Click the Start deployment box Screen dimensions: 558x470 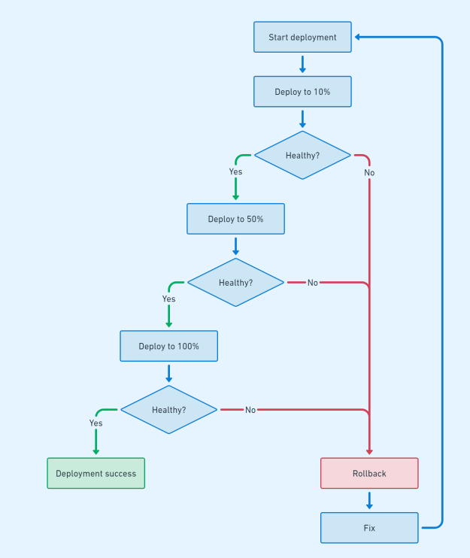pos(302,37)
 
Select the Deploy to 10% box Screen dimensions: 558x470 pos(302,92)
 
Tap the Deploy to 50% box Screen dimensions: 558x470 pos(235,219)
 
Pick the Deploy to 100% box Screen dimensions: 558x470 pos(168,346)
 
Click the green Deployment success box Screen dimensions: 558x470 pos(96,474)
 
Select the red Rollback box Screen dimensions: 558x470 pos(369,474)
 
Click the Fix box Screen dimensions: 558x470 pos(369,528)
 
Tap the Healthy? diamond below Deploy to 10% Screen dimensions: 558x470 pos(302,155)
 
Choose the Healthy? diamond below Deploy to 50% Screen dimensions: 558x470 pos(235,283)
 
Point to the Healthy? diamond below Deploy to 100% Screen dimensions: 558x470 pos(168,410)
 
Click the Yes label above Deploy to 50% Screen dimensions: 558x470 pos(235,171)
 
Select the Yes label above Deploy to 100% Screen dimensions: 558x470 pos(168,299)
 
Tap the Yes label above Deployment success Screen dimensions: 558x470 pos(96,423)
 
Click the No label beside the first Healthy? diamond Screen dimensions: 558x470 pos(369,172)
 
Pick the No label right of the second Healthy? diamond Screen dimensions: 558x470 pos(313,283)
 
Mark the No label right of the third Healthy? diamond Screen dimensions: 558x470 pos(250,410)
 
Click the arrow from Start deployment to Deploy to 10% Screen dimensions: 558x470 pos(302,64)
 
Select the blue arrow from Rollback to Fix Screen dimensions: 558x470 pos(369,500)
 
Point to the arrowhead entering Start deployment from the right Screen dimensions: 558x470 pos(358,37)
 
